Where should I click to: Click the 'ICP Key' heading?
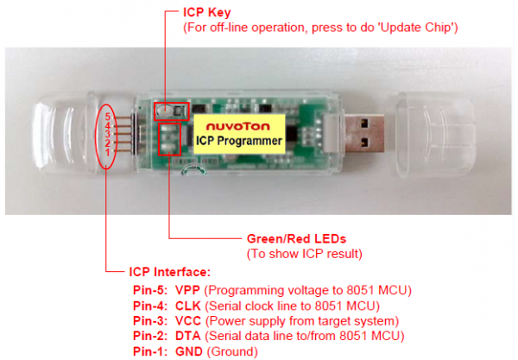[x=207, y=13]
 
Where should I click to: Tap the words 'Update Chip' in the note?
[x=416, y=28]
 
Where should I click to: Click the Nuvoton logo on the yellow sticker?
[x=238, y=127]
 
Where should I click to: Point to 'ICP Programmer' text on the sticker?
[x=239, y=141]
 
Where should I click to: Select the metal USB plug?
[x=364, y=133]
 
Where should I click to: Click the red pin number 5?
[x=108, y=117]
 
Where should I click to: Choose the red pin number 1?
[x=108, y=153]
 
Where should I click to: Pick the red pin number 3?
[x=108, y=135]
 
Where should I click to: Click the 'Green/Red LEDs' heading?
[x=296, y=239]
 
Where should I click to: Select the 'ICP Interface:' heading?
[x=169, y=272]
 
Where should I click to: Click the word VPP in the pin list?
[x=187, y=290]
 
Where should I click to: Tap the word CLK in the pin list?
[x=187, y=306]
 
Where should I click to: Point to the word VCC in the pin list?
[x=188, y=320]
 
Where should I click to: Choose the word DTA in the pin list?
[x=187, y=336]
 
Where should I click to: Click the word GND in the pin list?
[x=188, y=351]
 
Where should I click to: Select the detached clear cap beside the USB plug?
[x=431, y=135]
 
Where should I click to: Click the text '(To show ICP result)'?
[x=305, y=254]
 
